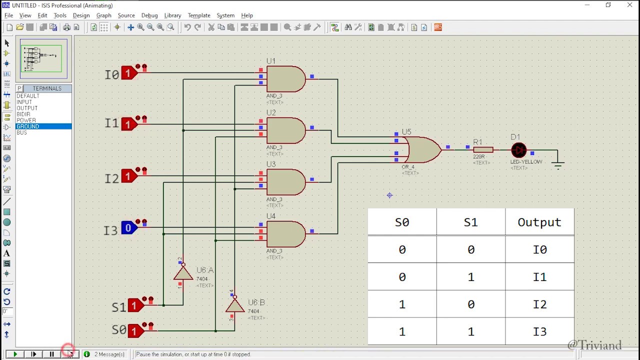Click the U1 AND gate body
(285, 79)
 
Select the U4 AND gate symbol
(285, 234)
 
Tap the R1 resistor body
(483, 149)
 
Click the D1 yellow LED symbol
(518, 149)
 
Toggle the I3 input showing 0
(129, 228)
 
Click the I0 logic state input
(129, 73)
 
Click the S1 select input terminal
(134, 305)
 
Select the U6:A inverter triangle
(183, 273)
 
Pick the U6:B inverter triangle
(234, 305)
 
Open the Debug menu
(149, 15)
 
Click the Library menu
(172, 15)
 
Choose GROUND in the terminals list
(28, 126)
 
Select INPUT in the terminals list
(24, 102)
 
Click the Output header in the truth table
(539, 222)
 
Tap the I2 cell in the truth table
(539, 304)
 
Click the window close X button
(629, 5)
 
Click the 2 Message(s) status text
(109, 354)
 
